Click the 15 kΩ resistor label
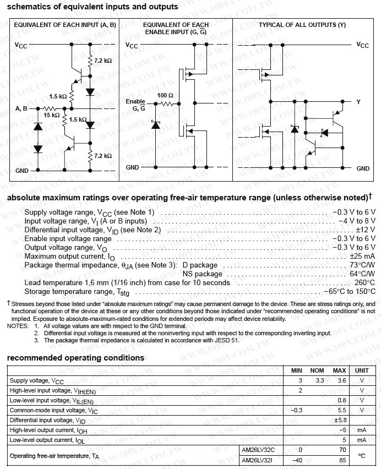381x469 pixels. point(52,115)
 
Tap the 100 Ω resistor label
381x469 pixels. point(165,95)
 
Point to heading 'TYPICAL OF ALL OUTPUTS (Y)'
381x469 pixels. point(302,25)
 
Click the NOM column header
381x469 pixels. point(317,370)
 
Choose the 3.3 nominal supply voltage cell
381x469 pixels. point(317,380)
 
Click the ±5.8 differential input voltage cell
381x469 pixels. point(339,420)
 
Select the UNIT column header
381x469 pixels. point(362,370)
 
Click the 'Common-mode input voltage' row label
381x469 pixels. point(54,410)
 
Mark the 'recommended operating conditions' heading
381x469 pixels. point(75,358)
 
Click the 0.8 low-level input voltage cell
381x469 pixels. point(341,400)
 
